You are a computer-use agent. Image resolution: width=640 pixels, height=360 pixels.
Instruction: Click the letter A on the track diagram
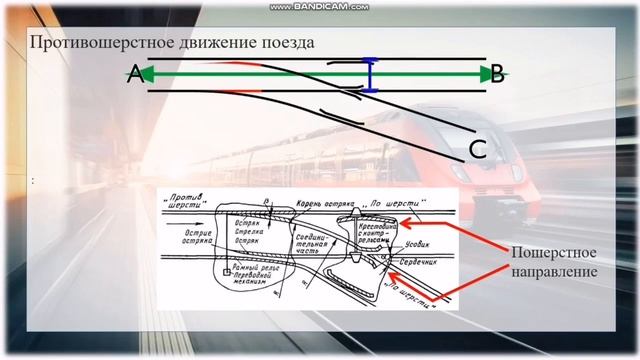click(134, 74)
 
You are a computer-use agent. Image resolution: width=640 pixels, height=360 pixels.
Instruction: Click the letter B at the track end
click(496, 74)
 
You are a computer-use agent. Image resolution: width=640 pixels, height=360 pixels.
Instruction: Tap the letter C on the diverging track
click(477, 150)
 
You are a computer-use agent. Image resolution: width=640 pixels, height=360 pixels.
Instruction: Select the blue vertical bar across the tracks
click(371, 76)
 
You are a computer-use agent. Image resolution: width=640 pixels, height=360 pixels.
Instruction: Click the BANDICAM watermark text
click(320, 6)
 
